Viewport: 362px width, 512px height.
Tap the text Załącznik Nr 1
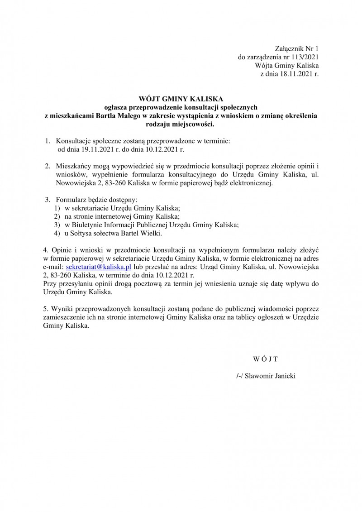point(297,48)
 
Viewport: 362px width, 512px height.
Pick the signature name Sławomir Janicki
point(270,376)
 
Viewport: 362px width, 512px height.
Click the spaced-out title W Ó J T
point(265,359)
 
